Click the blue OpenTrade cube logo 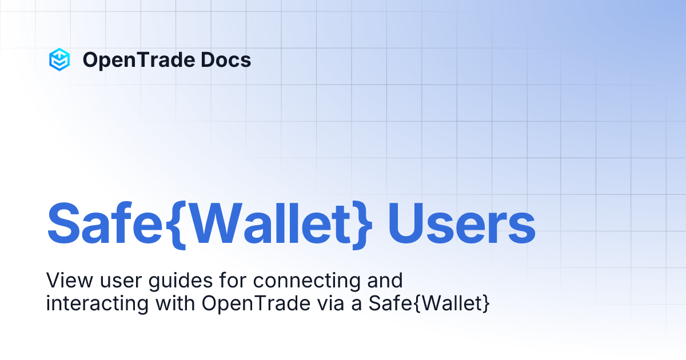pos(59,59)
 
